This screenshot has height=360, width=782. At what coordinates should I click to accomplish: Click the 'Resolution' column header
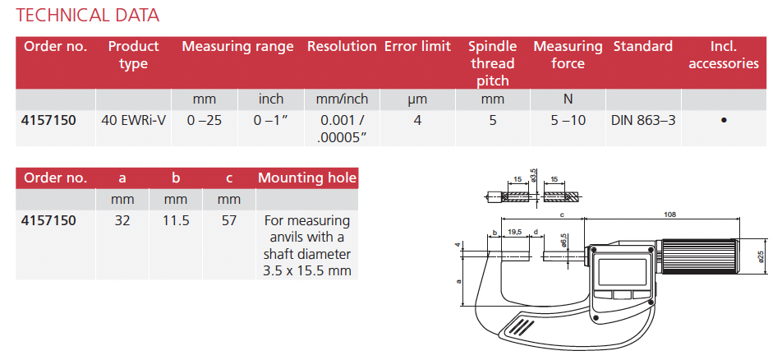[342, 46]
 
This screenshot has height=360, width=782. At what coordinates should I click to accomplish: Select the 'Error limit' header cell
[417, 46]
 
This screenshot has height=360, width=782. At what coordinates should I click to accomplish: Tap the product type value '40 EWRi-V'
[133, 120]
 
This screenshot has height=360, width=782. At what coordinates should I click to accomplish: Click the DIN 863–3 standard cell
[643, 120]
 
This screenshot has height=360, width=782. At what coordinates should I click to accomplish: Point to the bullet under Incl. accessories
[724, 120]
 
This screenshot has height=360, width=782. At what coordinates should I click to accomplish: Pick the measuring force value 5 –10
[568, 120]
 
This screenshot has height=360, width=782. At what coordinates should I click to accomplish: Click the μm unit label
[417, 99]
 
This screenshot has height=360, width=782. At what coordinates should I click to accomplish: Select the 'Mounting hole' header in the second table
[307, 178]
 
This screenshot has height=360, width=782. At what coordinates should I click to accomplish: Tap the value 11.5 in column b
[176, 220]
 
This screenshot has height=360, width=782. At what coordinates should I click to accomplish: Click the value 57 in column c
[229, 220]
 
